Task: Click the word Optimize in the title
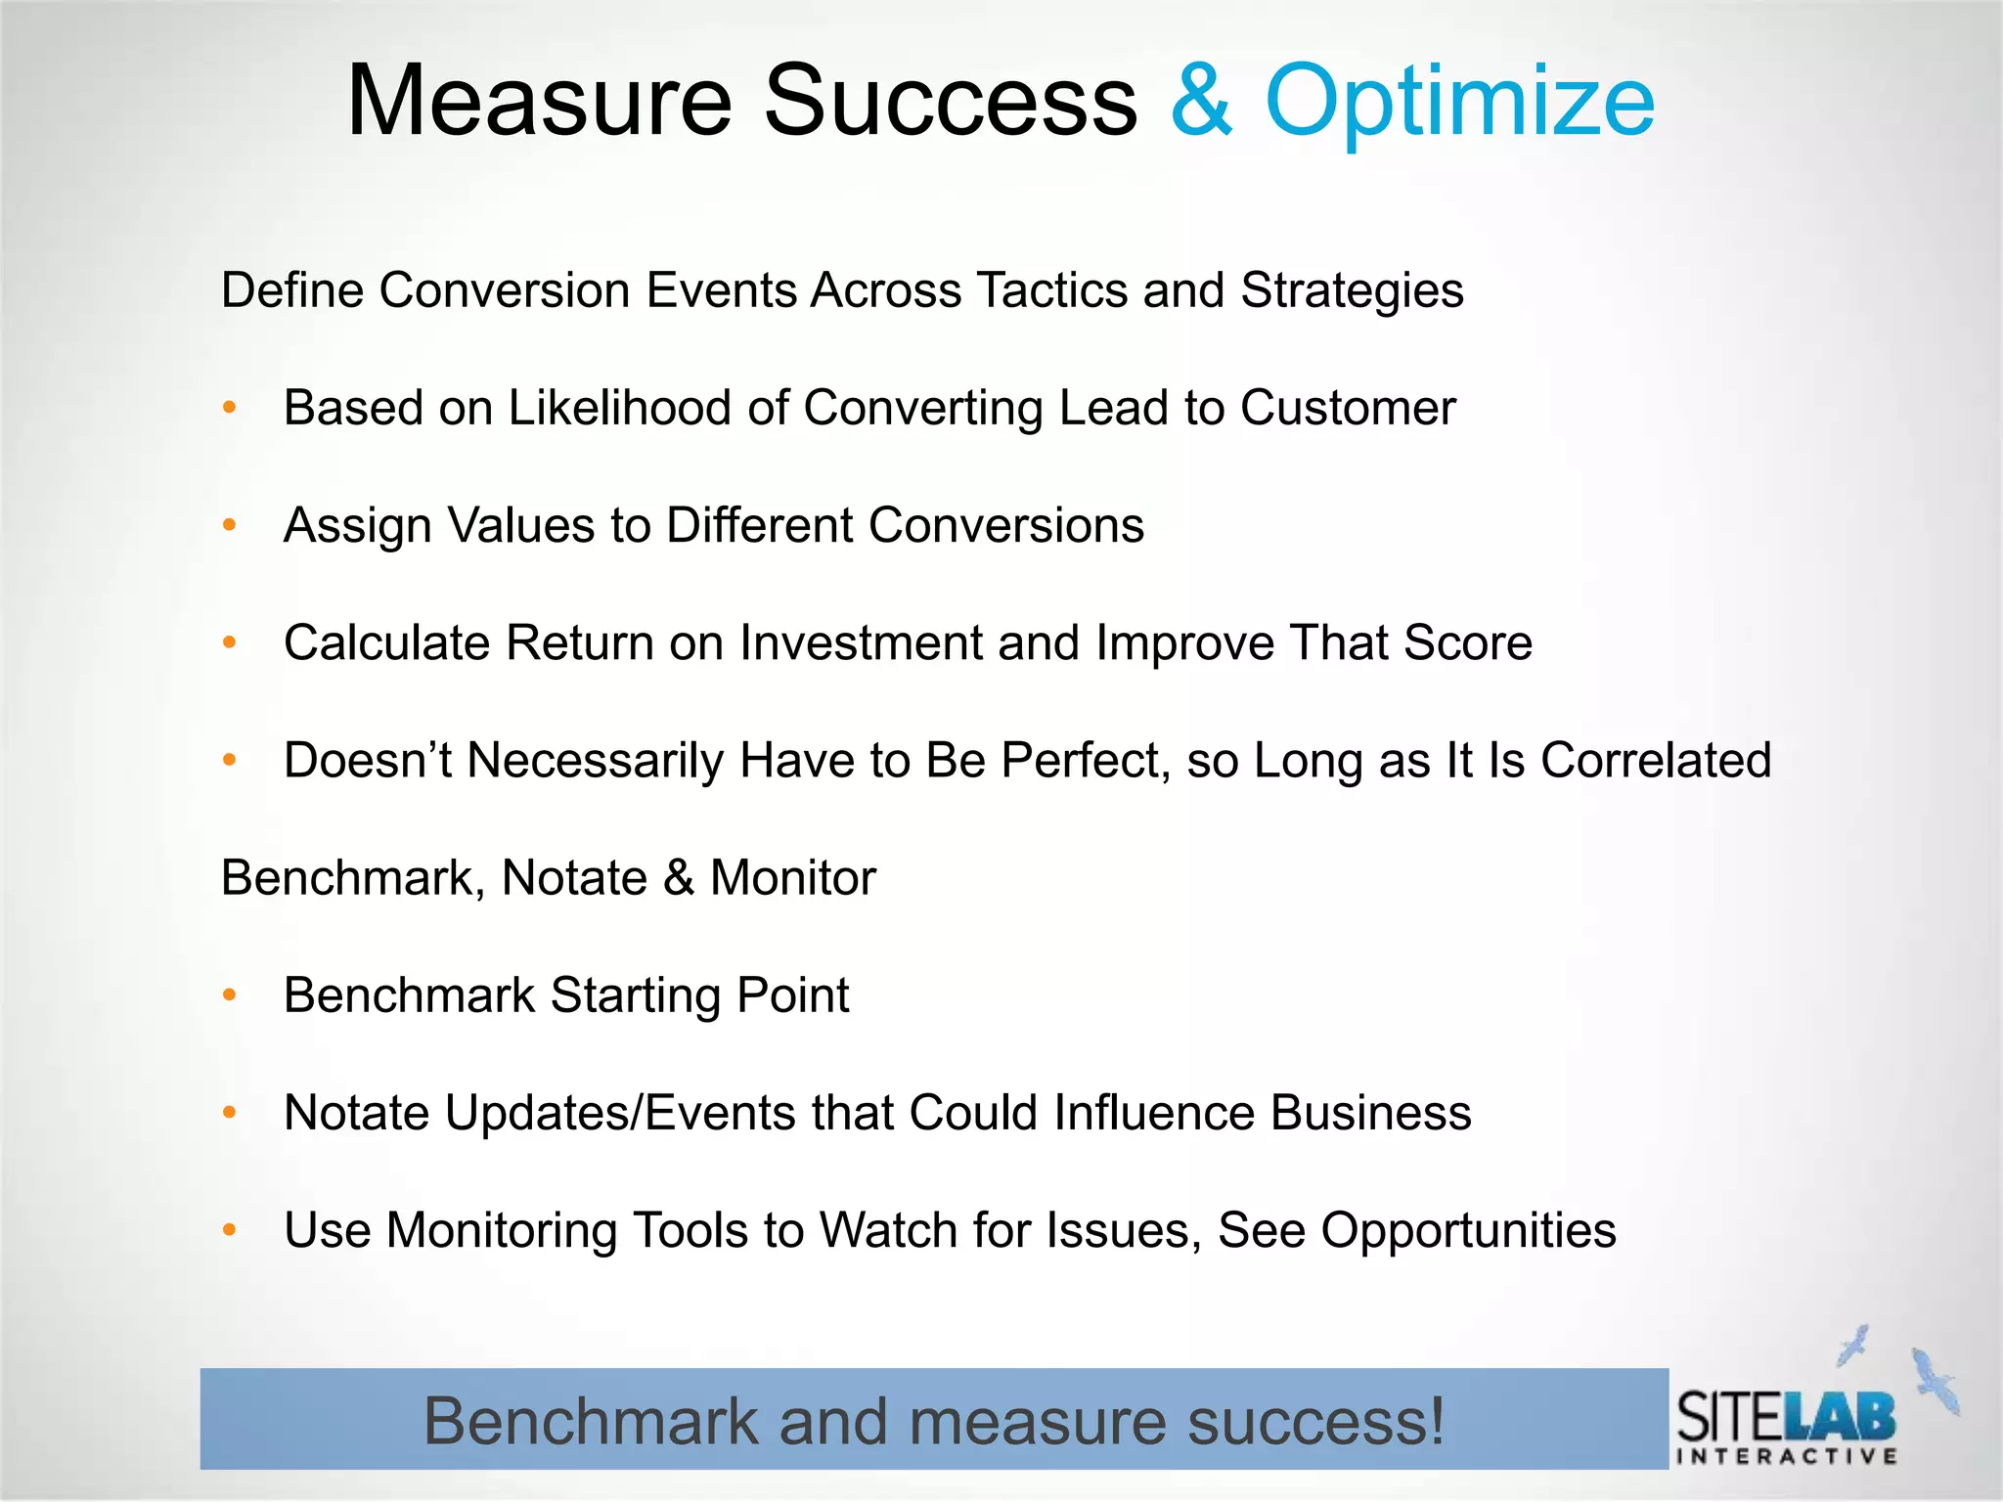(x=1459, y=101)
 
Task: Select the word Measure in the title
(x=539, y=101)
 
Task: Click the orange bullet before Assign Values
(x=230, y=525)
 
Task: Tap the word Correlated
(x=1656, y=761)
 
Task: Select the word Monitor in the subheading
(x=792, y=878)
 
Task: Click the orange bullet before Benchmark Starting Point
(x=230, y=995)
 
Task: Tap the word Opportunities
(x=1468, y=1230)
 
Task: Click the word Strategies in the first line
(x=1352, y=290)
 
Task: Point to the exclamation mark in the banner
(x=1435, y=1420)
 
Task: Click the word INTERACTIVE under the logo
(x=1787, y=1456)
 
